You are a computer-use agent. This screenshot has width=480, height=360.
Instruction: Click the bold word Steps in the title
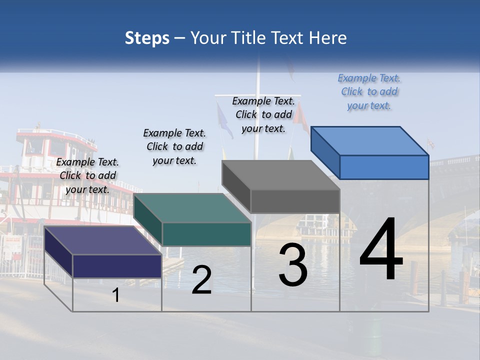(x=147, y=38)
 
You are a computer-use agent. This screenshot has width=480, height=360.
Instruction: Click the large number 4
(x=381, y=249)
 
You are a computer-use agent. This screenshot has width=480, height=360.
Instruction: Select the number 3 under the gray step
(x=292, y=265)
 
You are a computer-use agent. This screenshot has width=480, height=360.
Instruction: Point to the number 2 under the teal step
(x=201, y=280)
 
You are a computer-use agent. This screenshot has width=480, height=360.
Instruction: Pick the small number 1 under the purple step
(x=115, y=295)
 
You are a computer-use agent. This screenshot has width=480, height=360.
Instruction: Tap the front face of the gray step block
(x=295, y=201)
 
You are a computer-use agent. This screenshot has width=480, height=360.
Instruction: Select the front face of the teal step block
(x=206, y=234)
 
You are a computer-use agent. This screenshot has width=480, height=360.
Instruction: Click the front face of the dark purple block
(x=117, y=265)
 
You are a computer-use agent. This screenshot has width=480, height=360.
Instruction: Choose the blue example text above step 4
(x=369, y=91)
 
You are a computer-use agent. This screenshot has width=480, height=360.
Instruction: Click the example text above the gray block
(x=263, y=114)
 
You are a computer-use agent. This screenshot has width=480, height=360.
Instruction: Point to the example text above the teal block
(x=174, y=146)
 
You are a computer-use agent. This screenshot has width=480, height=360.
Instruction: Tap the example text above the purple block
(x=87, y=175)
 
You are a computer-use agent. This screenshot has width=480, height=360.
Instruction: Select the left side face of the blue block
(x=325, y=152)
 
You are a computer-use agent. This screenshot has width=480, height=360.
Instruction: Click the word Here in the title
(x=327, y=38)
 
